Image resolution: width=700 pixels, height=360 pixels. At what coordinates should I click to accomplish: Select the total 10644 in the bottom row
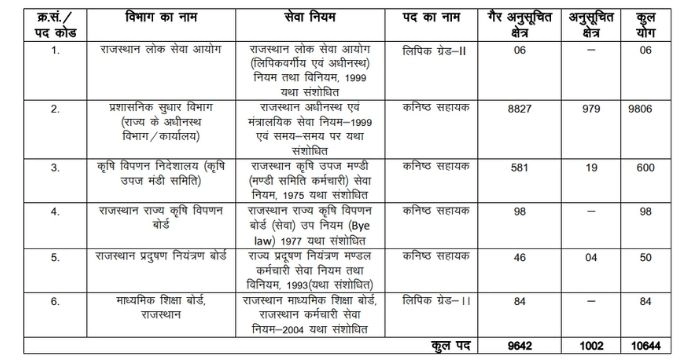pyautogui.click(x=665, y=345)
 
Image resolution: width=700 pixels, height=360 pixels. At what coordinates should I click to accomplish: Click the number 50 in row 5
pyautogui.click(x=665, y=258)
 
